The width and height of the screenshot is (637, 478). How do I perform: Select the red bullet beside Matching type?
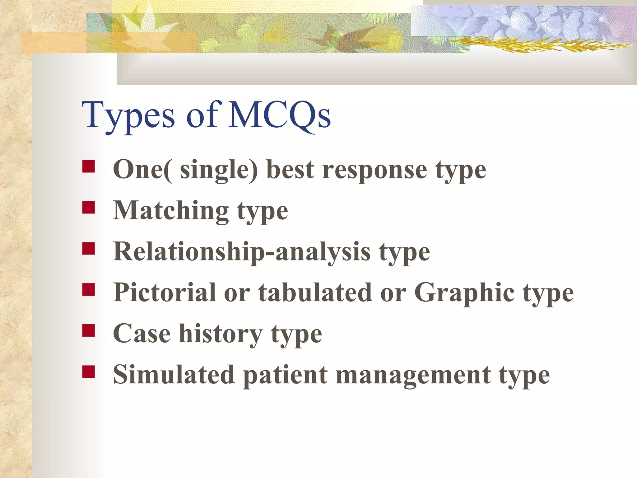(89, 207)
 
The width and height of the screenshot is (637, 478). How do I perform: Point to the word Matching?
(171, 211)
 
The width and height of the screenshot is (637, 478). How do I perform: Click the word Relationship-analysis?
(242, 252)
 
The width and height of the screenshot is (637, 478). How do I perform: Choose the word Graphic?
(464, 293)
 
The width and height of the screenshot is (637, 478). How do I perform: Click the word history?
(220, 334)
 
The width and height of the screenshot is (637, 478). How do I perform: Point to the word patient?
(285, 375)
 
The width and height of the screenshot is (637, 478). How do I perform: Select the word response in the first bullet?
(374, 171)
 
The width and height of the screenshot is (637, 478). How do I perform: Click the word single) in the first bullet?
(219, 171)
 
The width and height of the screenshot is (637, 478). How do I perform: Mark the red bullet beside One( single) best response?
(89, 166)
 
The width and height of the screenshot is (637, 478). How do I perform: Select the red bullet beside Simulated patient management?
(89, 372)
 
